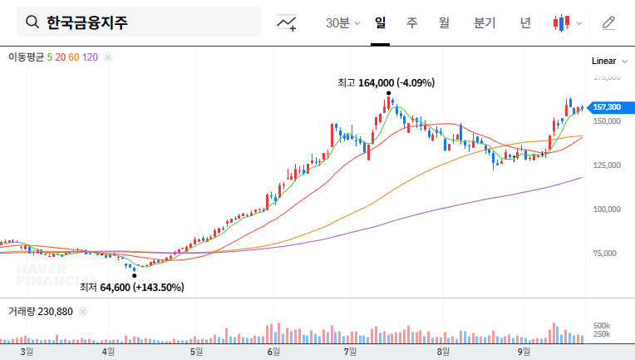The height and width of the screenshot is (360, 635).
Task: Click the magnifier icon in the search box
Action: coord(32,22)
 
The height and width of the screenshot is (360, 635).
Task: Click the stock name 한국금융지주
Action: coord(86,22)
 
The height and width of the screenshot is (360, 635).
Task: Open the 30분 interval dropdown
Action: coord(342,23)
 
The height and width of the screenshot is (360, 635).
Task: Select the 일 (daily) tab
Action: coord(381,23)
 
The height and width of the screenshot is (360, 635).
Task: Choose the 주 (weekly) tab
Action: coord(412,23)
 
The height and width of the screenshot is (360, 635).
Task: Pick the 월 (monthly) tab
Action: coord(444,23)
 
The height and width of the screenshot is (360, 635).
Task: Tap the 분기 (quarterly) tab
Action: coord(484,23)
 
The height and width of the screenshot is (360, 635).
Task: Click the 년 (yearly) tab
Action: coord(525,23)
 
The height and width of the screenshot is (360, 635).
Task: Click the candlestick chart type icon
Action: coord(563,23)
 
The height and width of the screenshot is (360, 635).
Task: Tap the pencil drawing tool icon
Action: coord(608,23)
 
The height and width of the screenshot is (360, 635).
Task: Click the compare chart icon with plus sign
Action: coord(287,23)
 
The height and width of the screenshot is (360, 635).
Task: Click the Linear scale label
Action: coord(603,62)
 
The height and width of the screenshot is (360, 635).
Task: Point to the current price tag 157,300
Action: coord(606,107)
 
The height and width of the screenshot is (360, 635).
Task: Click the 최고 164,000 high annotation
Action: coord(386,82)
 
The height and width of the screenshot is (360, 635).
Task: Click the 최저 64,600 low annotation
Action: coord(131,288)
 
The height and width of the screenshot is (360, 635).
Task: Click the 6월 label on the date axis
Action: coord(273,352)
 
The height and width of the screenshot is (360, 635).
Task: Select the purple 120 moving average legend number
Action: coord(91,57)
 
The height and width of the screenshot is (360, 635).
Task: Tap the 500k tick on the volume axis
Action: coord(602,325)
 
